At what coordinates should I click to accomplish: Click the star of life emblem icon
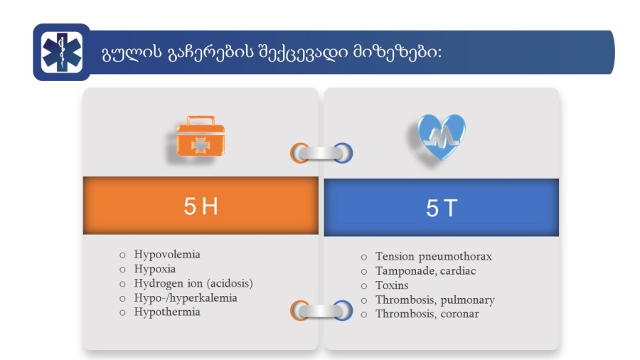point(62,52)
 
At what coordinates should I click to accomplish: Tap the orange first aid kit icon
point(201,136)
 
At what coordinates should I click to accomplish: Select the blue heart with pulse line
point(442,137)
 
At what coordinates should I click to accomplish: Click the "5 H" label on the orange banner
point(201,206)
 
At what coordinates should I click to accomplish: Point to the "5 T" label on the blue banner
point(442,208)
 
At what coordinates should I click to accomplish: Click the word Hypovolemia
point(167,255)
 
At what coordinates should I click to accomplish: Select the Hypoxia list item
point(155,269)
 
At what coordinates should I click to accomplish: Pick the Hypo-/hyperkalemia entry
point(186,298)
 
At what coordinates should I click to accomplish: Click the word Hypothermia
point(167,312)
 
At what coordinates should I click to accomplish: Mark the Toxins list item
point(392,285)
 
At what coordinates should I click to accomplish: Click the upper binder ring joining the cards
point(321,153)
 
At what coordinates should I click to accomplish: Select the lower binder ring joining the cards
point(321,311)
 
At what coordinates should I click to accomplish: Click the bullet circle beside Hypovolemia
point(122,255)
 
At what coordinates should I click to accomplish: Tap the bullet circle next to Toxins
point(364,286)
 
